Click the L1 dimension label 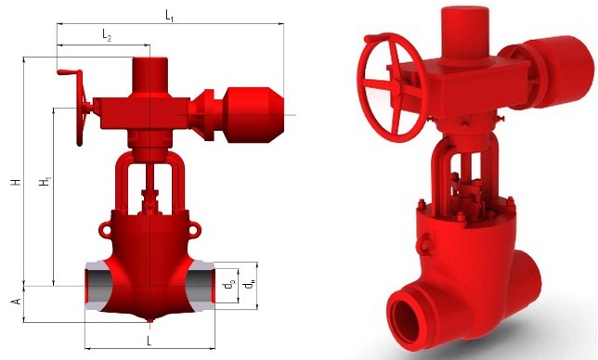170,16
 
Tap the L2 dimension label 107,35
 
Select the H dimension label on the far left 16,181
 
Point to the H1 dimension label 45,181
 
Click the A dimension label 17,302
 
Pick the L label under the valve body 149,341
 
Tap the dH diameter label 250,285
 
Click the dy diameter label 229,285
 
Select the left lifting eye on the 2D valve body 104,229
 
